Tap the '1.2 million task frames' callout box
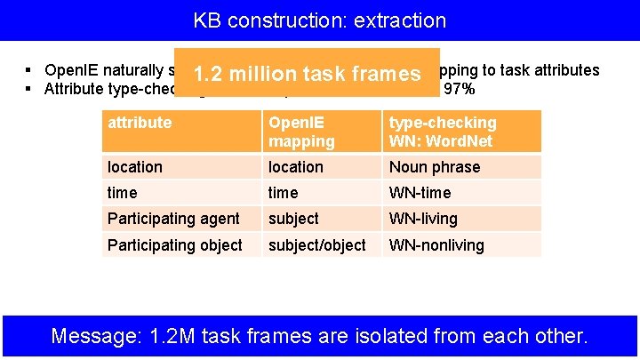coord(307,73)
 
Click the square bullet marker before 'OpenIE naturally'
coord(29,70)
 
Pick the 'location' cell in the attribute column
coord(135,167)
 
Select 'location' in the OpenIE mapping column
coord(295,167)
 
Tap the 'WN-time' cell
coord(420,193)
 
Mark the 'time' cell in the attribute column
coord(123,193)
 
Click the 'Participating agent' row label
coord(173,219)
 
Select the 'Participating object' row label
coord(174,244)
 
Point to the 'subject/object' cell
coord(316,244)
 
